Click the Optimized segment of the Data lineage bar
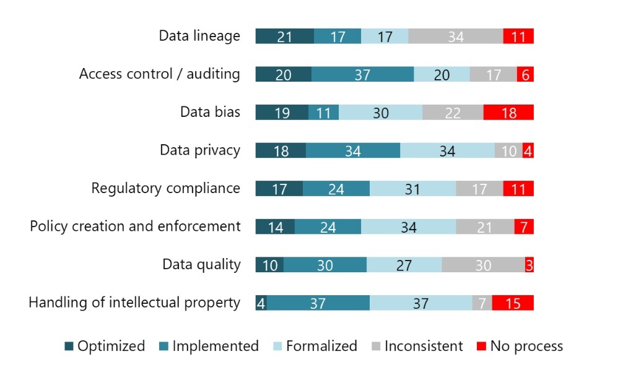(284, 37)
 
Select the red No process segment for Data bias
(508, 113)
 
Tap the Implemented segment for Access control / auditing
(362, 74)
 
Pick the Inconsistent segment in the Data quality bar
(483, 265)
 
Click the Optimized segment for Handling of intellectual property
(261, 303)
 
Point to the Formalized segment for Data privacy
(447, 151)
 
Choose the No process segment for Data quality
(529, 265)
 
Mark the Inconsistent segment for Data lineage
(456, 37)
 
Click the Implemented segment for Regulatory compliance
(336, 189)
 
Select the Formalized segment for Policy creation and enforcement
(408, 227)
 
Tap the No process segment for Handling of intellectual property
(513, 303)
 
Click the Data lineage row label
(199, 36)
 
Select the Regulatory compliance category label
(166, 188)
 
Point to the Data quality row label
(201, 265)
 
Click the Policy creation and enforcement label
(135, 226)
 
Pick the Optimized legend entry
(105, 346)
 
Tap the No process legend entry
(520, 346)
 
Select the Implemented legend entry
(209, 346)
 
